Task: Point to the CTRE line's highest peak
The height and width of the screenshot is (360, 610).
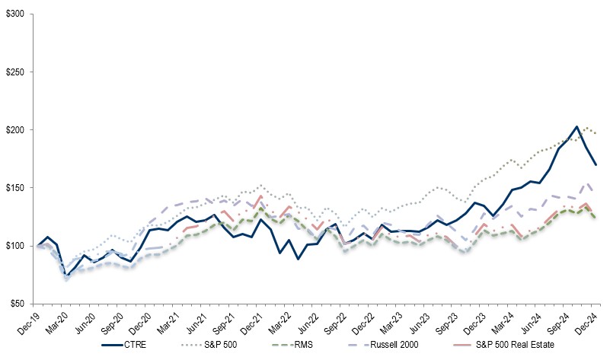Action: pos(576,126)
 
